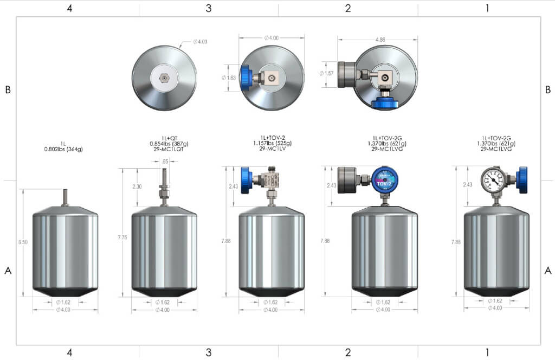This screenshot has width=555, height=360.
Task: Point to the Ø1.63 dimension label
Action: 230,78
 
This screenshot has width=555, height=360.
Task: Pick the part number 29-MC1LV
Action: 270,149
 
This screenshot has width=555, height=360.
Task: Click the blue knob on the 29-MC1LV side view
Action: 246,179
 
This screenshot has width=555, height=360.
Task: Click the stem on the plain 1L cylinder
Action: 66,197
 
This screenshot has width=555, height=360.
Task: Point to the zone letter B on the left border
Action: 8,90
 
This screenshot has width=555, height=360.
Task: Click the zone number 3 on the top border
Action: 209,8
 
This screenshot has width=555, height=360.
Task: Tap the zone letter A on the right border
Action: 548,270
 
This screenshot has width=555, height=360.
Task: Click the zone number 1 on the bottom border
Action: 487,352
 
